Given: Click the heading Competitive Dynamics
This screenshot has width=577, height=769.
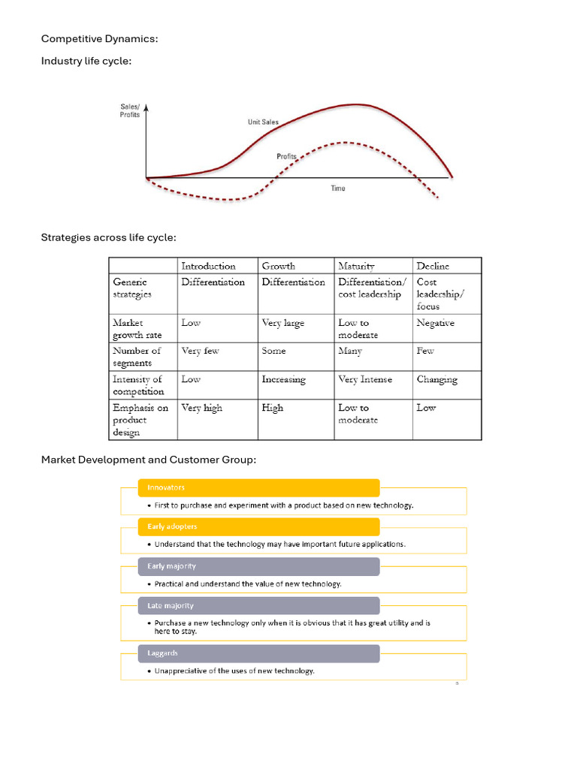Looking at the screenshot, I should pos(99,38).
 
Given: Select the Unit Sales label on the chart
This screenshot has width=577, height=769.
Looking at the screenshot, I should pos(263,122).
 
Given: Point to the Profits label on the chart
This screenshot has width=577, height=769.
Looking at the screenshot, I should pos(286,156).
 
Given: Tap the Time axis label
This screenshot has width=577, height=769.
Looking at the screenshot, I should pos(338,188).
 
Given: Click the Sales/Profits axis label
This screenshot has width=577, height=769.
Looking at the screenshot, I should pos(130,110).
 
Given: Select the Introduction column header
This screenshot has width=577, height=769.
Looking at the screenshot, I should pos(208,266).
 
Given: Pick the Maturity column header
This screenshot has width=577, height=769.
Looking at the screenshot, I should pos(356,266).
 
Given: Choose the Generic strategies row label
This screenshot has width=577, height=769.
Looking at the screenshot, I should pos(132,288).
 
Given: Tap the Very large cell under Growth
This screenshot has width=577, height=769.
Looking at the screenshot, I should pos(282,323).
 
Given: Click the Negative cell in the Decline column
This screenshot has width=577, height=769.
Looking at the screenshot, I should pos(436,323).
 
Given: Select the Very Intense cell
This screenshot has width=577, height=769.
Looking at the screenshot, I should pos(365,379).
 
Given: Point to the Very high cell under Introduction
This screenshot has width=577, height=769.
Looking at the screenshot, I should pos(201,408).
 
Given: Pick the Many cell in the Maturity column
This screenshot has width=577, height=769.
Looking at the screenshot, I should pos(350,351).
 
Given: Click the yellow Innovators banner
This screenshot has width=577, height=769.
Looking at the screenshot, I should pos(258,487).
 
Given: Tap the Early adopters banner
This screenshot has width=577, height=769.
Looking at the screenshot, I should pos(258,526).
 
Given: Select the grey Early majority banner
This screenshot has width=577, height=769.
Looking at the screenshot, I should pos(258,566).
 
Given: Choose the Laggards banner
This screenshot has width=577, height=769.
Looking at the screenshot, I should pos(258,653).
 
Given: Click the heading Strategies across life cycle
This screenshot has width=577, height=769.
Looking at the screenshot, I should pos(109,237).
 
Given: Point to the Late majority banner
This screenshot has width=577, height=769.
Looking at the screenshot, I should pos(258,605).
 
